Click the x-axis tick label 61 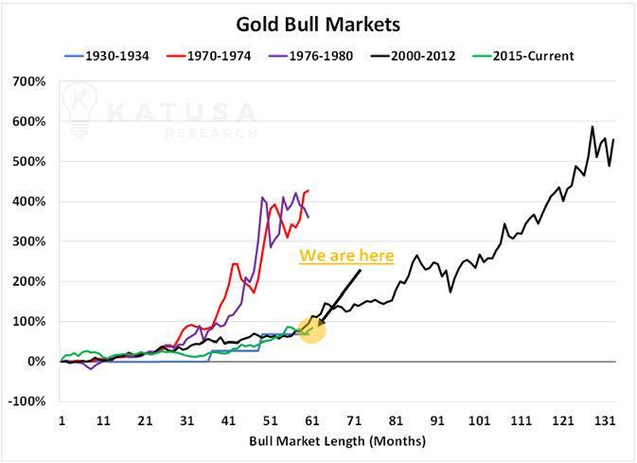[x=311, y=421]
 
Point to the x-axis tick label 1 [x=62, y=421]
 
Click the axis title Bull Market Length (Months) [x=338, y=441]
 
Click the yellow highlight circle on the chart [x=311, y=329]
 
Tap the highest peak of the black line [x=593, y=127]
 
